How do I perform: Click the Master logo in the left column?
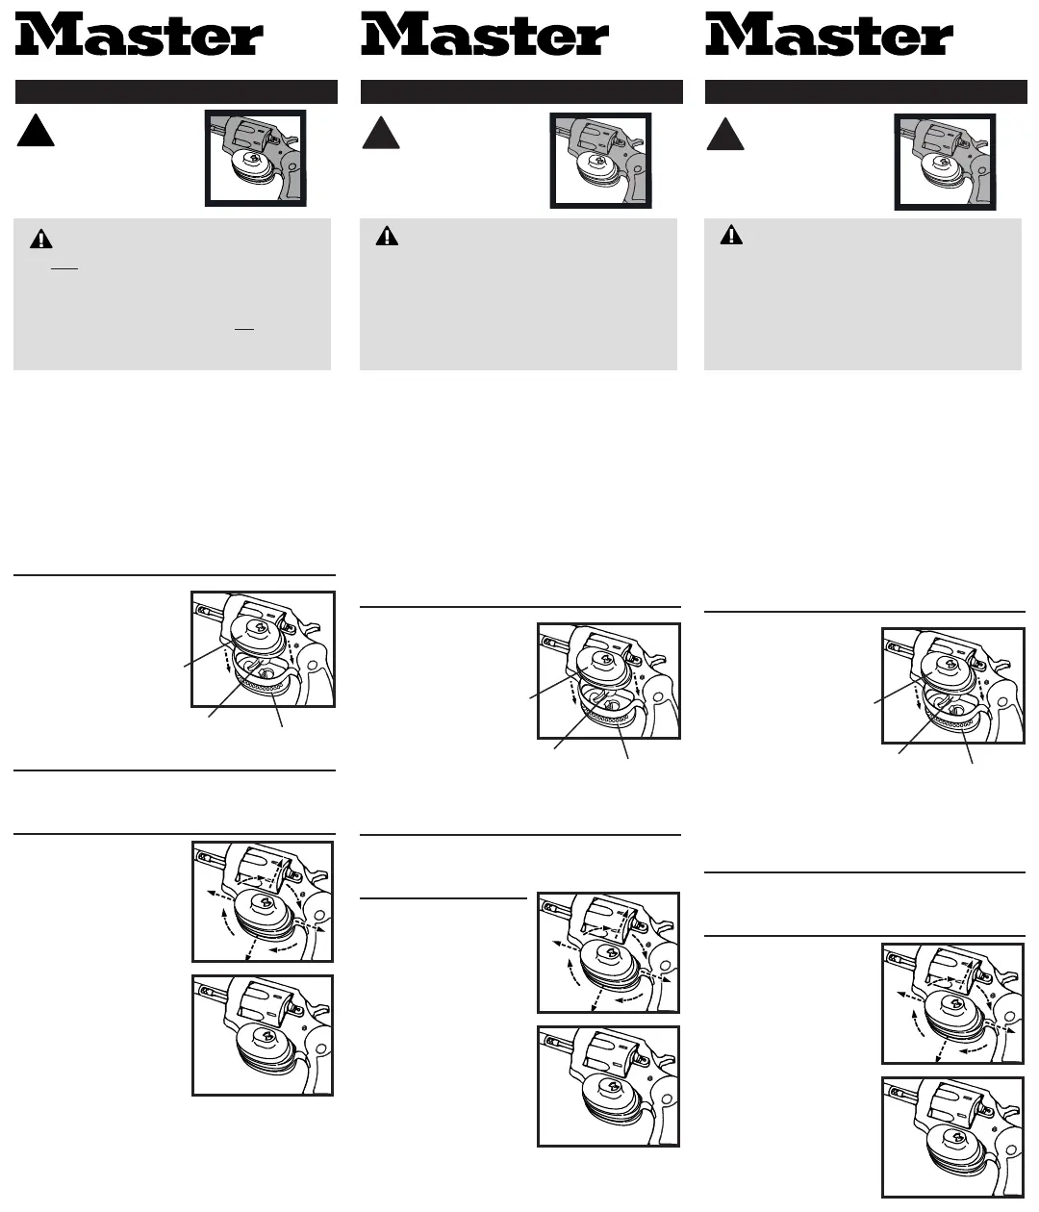click(x=139, y=36)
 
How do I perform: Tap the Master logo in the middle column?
click(x=485, y=36)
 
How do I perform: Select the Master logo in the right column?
click(x=829, y=36)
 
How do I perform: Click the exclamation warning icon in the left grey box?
click(x=41, y=240)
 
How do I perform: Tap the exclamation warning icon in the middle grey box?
click(x=387, y=236)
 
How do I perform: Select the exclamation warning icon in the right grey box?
click(x=731, y=235)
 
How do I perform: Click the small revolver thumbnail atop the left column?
click(x=256, y=159)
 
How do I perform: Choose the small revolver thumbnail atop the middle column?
click(x=600, y=161)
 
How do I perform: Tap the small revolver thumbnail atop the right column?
click(x=945, y=162)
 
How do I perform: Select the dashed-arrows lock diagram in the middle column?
click(x=608, y=952)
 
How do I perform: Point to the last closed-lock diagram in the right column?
click(x=952, y=1136)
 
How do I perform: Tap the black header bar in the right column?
click(x=866, y=92)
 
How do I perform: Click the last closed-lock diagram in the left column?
click(x=263, y=1035)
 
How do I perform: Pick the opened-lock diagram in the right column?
click(x=952, y=686)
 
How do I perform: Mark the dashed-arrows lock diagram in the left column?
click(x=263, y=901)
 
